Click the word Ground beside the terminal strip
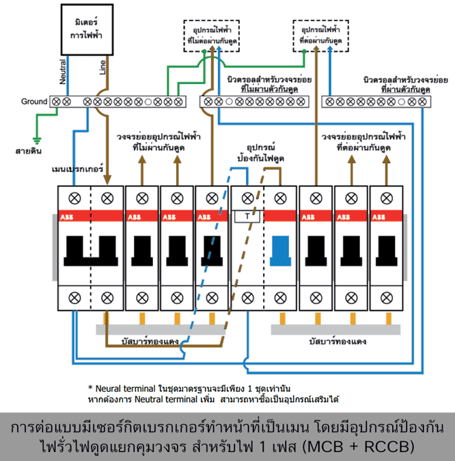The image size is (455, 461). click(33, 102)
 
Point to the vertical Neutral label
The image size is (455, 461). click(63, 71)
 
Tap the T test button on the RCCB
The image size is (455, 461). click(247, 217)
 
